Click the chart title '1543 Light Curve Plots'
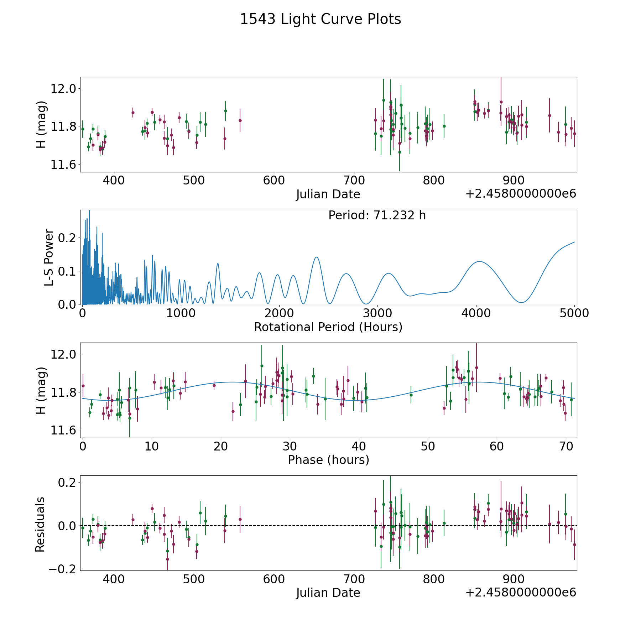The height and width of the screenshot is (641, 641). [320, 19]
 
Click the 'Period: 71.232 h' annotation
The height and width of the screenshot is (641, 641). [377, 215]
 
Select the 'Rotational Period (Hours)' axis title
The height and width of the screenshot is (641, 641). [328, 327]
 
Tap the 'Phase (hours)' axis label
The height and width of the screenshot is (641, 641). [328, 460]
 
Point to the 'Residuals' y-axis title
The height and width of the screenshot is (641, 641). [40, 524]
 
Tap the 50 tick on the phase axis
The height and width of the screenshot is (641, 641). [428, 446]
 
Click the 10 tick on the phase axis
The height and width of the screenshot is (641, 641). [152, 446]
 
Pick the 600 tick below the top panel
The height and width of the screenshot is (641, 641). [274, 181]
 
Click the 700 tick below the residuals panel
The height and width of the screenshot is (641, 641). [354, 579]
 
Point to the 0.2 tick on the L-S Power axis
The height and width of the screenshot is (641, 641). [68, 238]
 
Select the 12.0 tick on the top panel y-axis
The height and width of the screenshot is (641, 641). [63, 89]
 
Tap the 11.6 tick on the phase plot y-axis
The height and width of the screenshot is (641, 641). [63, 431]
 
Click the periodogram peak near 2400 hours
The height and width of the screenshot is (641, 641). [316, 257]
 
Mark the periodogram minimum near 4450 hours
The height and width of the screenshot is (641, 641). [521, 303]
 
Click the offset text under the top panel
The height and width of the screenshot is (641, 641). [521, 194]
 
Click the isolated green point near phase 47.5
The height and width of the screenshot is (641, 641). [411, 395]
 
